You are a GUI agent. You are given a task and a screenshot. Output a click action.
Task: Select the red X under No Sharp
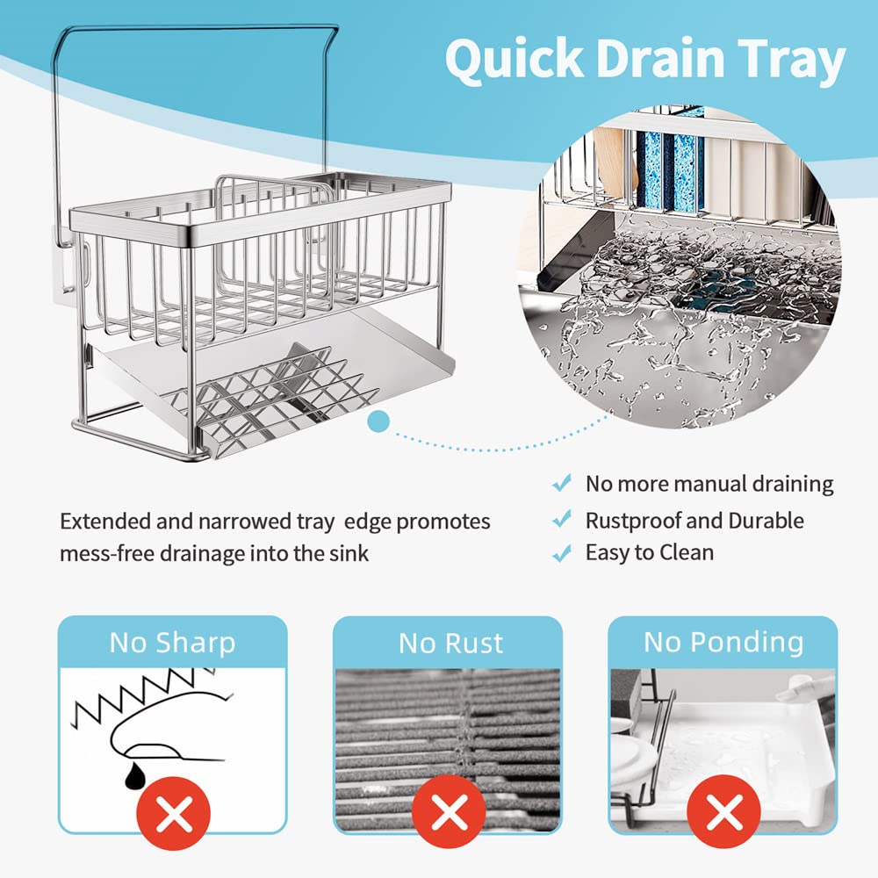coord(174,812)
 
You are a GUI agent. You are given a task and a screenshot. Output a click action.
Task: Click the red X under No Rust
coord(449,812)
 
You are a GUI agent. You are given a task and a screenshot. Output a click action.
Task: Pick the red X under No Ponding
coord(723,812)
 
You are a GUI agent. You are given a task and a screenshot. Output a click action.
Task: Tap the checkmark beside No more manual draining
coord(561,483)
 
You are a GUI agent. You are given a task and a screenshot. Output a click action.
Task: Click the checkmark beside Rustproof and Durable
coord(561,519)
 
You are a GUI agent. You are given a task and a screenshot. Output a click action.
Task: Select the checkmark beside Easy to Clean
coord(561,552)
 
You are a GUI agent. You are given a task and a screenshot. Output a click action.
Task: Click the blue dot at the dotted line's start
coord(378,421)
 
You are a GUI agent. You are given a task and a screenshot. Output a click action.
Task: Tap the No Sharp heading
coord(172,643)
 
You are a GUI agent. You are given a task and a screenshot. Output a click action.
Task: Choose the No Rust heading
coord(450,644)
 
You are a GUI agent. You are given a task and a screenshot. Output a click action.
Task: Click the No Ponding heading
coord(723,643)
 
